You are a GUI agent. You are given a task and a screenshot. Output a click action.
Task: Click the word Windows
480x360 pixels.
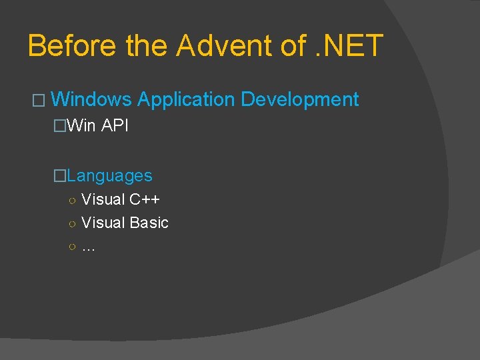pyautogui.click(x=91, y=100)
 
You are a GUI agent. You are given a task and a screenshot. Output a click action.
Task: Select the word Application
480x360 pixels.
pyautogui.click(x=186, y=100)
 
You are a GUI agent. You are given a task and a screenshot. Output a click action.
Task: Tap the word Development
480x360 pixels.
pyautogui.click(x=299, y=100)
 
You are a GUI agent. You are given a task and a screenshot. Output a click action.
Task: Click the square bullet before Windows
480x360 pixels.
pyautogui.click(x=37, y=101)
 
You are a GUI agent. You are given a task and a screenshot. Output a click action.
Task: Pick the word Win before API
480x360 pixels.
pyautogui.click(x=81, y=125)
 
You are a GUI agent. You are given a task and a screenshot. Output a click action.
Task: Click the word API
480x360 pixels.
pyautogui.click(x=115, y=125)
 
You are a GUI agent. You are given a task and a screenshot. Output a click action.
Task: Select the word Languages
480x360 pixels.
pyautogui.click(x=109, y=176)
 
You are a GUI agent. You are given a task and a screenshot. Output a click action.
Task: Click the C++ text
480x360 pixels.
pyautogui.click(x=145, y=199)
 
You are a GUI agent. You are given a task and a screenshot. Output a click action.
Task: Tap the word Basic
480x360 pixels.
pyautogui.click(x=149, y=223)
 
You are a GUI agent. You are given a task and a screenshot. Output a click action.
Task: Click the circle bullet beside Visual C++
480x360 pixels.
pyautogui.click(x=71, y=200)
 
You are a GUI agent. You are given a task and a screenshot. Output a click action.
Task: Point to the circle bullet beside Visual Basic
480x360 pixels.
pyautogui.click(x=71, y=223)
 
